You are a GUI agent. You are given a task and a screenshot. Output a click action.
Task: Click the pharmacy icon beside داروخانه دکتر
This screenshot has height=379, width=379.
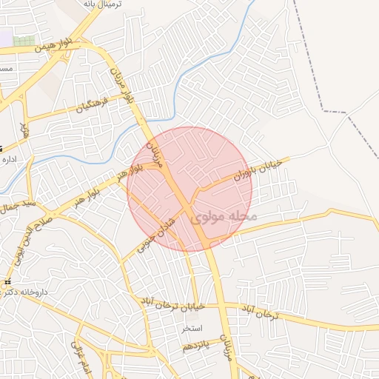click(x=7, y=283)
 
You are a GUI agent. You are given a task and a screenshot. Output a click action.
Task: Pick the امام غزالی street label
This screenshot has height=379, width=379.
click(x=78, y=355)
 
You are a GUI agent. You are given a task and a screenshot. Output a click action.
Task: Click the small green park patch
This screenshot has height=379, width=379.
click(x=24, y=40)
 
